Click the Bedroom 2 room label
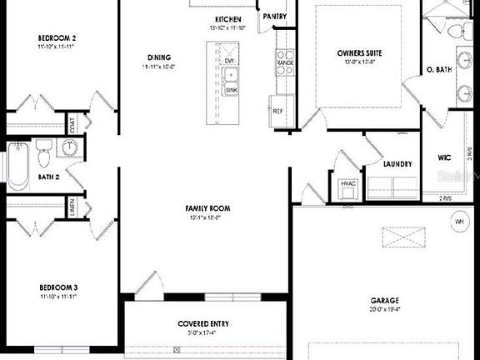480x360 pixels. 57,38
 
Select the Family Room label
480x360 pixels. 207,208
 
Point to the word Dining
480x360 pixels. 158,57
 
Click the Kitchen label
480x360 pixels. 228,19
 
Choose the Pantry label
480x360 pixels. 275,16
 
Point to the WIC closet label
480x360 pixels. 444,157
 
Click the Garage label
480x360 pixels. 384,300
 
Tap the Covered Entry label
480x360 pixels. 203,323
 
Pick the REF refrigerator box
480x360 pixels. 279,111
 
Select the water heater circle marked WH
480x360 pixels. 458,222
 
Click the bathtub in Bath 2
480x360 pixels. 17,165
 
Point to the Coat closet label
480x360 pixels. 72,126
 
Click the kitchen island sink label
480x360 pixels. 231,90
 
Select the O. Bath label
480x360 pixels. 438,70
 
